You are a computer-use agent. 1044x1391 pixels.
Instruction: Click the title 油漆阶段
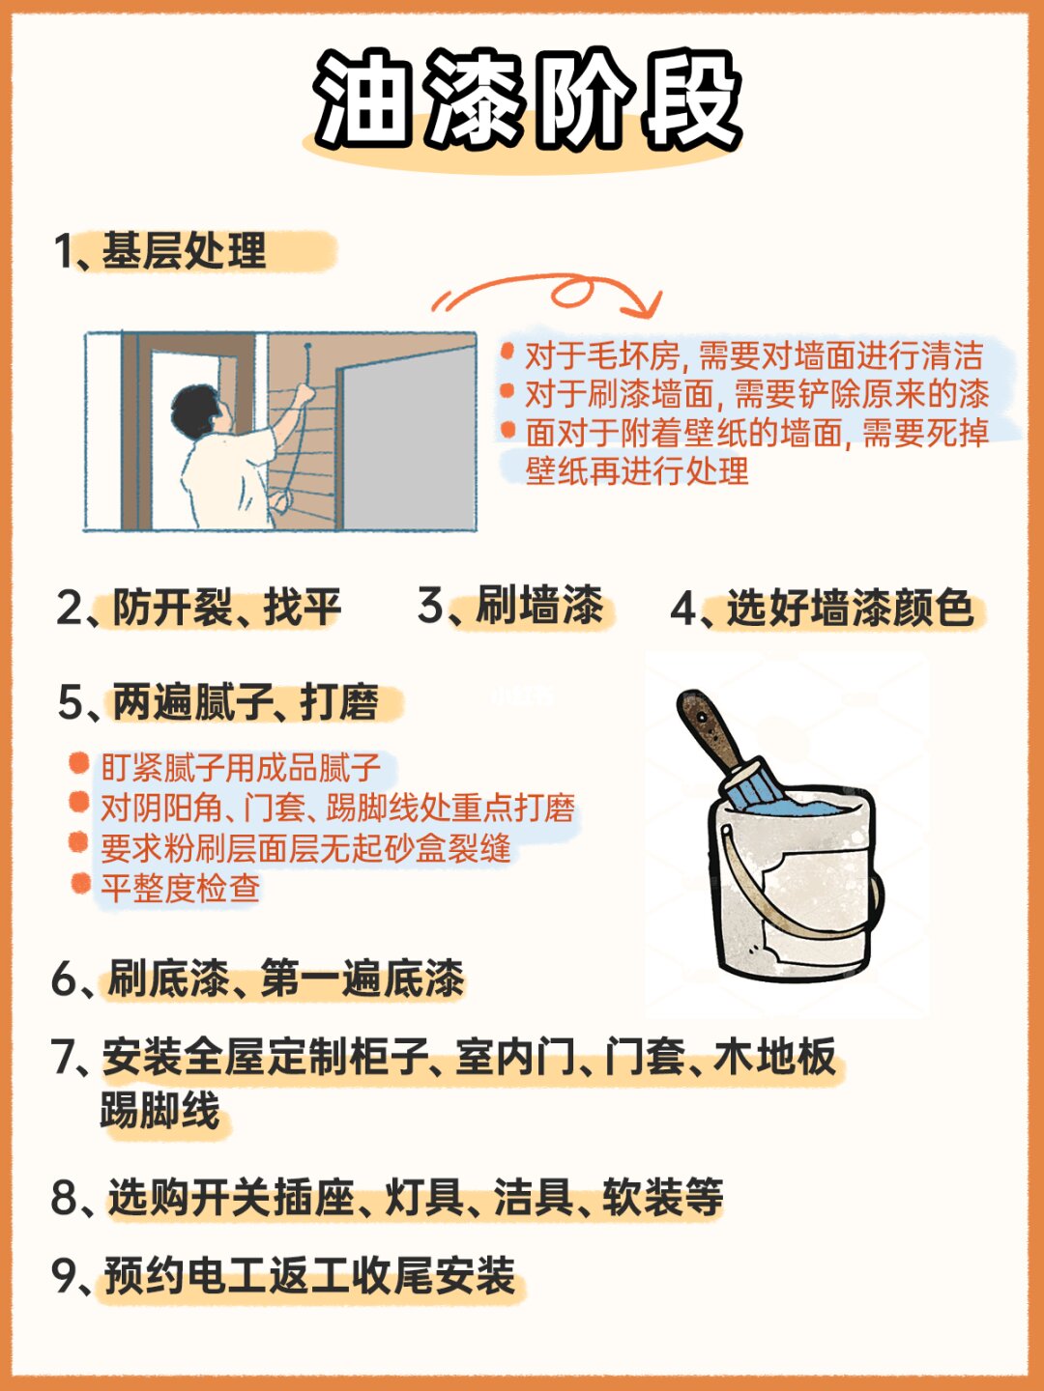528,99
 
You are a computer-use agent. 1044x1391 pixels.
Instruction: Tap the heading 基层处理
184,251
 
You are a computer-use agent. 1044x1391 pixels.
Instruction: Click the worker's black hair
194,409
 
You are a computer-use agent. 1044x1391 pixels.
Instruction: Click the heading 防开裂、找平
227,607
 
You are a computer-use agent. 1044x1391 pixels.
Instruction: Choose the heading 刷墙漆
539,606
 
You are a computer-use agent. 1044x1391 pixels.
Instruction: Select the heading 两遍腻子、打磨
246,702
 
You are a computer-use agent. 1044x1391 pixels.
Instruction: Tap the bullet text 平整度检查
181,888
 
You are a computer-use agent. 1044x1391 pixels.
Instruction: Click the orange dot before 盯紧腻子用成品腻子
78,763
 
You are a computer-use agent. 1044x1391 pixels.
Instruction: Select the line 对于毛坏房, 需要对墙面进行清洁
754,355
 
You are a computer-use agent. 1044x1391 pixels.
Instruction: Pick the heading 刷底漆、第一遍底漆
286,978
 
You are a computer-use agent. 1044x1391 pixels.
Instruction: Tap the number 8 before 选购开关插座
65,1198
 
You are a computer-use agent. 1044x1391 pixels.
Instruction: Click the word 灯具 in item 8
425,1197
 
